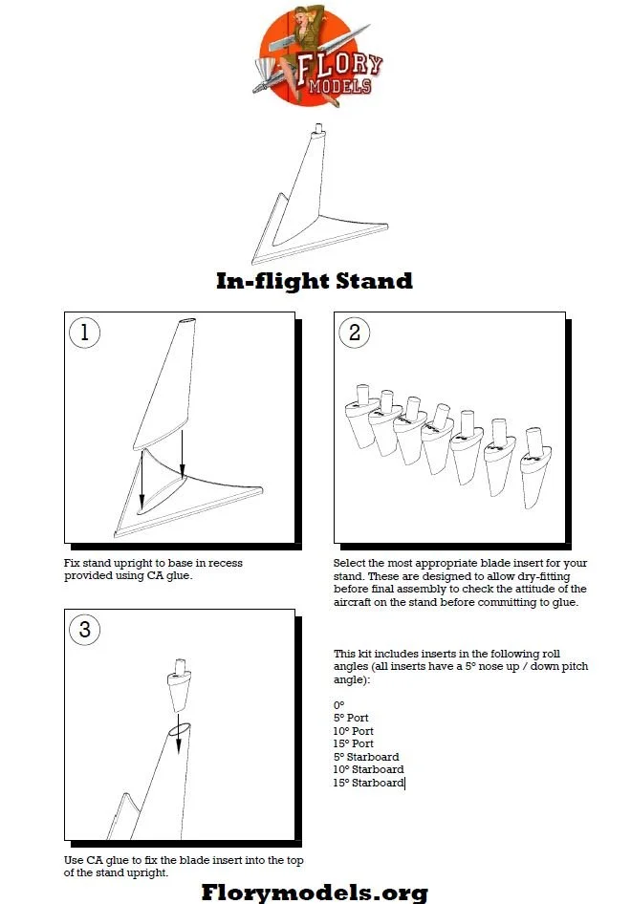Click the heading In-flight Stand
[x=314, y=281]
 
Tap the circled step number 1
[x=84, y=333]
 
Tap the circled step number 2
[x=355, y=333]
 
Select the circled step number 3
[x=84, y=630]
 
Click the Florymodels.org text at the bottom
[x=315, y=892]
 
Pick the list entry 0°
[x=338, y=704]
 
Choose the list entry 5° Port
[x=351, y=718]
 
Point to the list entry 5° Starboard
[x=366, y=757]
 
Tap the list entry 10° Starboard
[x=368, y=769]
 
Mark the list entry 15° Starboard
[x=368, y=783]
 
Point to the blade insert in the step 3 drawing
[x=178, y=686]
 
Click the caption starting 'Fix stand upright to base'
[x=153, y=570]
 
